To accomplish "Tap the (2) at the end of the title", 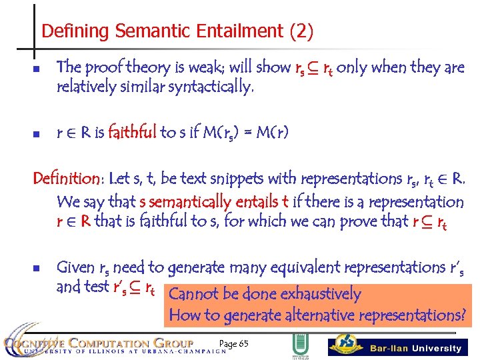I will tap(299, 31).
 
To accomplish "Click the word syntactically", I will tap(212, 86).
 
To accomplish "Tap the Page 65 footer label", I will tap(233, 343).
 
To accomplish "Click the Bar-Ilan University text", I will tap(415, 348).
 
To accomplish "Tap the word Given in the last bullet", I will tap(75, 267).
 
